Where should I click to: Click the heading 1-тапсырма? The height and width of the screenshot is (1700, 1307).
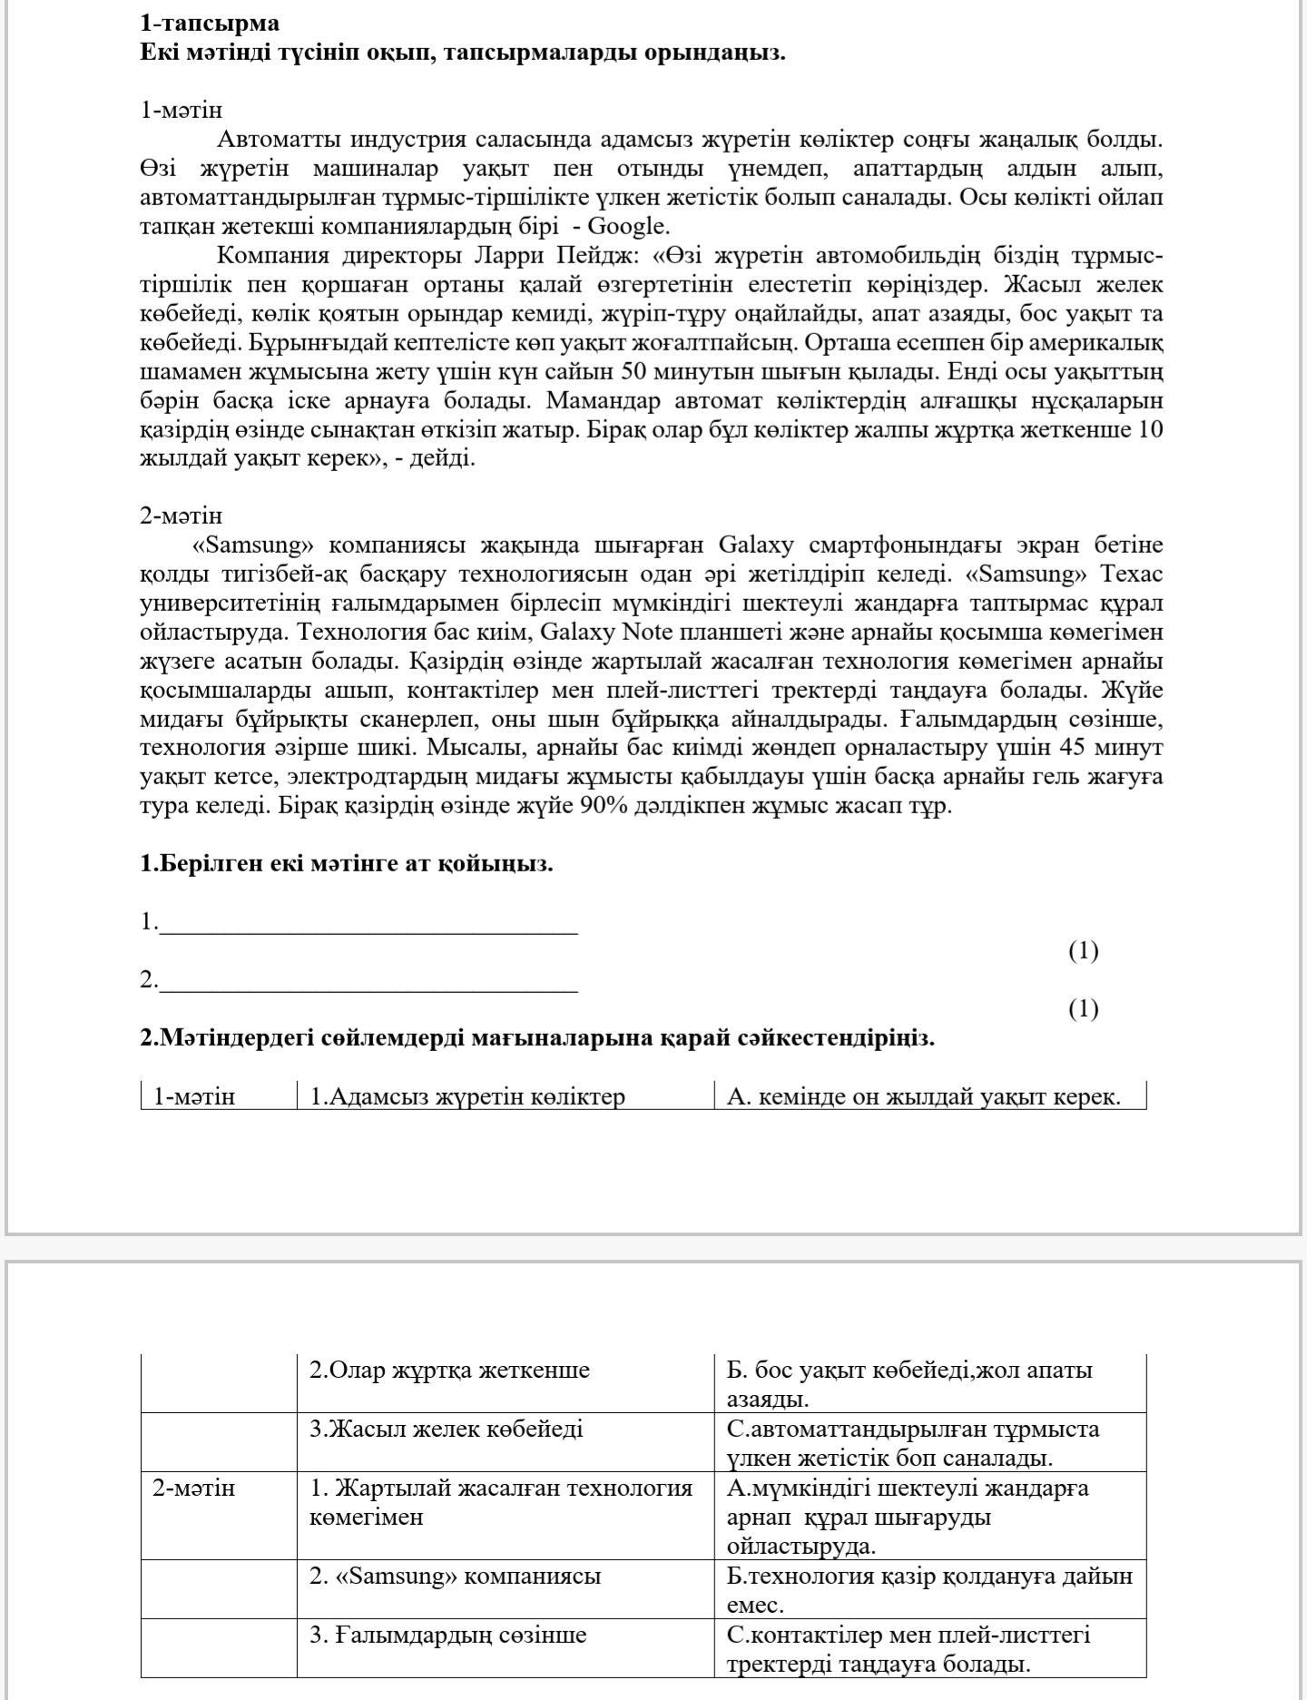pyautogui.click(x=210, y=23)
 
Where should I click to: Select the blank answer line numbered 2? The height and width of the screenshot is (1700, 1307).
pyautogui.click(x=368, y=982)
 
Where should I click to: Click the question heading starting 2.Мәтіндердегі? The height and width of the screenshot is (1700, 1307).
pyautogui.click(x=536, y=1037)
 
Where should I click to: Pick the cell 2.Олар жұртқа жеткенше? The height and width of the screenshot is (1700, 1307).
pyautogui.click(x=449, y=1370)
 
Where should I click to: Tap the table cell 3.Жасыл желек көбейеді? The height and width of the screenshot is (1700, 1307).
pyautogui.click(x=446, y=1429)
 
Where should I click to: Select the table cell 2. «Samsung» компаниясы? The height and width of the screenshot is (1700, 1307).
pyautogui.click(x=455, y=1576)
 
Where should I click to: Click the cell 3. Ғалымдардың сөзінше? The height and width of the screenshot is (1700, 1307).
pyautogui.click(x=447, y=1635)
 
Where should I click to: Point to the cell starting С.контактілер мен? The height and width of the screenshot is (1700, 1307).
pyautogui.click(x=908, y=1649)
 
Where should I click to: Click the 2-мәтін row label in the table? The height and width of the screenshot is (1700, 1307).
pyautogui.click(x=193, y=1488)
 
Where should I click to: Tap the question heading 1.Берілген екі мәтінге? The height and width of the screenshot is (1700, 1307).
pyautogui.click(x=346, y=863)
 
